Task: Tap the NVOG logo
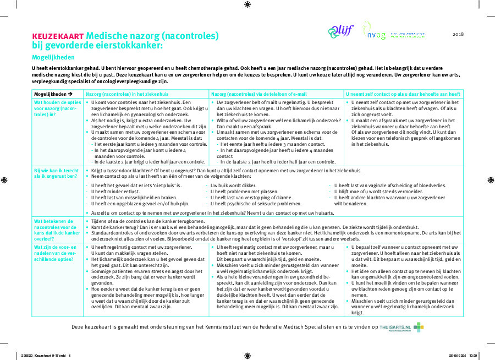click(374, 31)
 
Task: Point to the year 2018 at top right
click(458, 34)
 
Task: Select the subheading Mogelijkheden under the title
click(53, 57)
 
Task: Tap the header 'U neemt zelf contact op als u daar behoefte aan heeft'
click(403, 94)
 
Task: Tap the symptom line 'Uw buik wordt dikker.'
click(233, 186)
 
